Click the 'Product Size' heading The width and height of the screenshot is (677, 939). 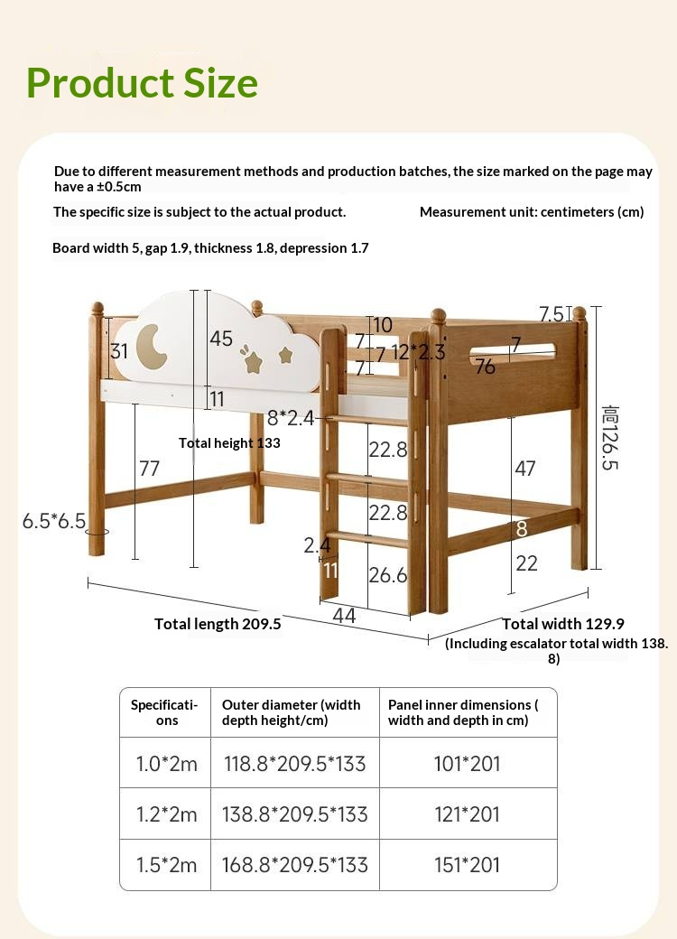[143, 83]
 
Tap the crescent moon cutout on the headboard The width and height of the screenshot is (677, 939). [153, 347]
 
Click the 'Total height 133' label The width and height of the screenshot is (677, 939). [229, 442]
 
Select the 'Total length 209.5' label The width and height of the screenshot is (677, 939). [218, 624]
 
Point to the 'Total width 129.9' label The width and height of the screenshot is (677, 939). [563, 624]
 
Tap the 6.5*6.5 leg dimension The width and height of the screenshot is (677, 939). [54, 521]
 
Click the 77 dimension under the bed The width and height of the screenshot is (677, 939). [149, 468]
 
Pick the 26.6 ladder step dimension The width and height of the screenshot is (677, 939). [388, 575]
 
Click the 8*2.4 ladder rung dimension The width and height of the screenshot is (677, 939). [291, 417]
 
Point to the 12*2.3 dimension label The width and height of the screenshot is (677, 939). [418, 352]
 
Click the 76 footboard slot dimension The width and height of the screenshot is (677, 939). [485, 367]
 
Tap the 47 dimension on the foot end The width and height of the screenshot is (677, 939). [524, 468]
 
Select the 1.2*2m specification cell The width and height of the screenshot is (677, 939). [166, 814]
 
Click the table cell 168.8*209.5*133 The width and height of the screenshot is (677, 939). [295, 865]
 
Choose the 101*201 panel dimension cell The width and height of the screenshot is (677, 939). [467, 764]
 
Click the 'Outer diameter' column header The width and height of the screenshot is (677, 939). [292, 712]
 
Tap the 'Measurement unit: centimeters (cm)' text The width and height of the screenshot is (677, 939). [532, 212]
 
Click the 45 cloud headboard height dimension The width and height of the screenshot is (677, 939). [221, 339]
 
